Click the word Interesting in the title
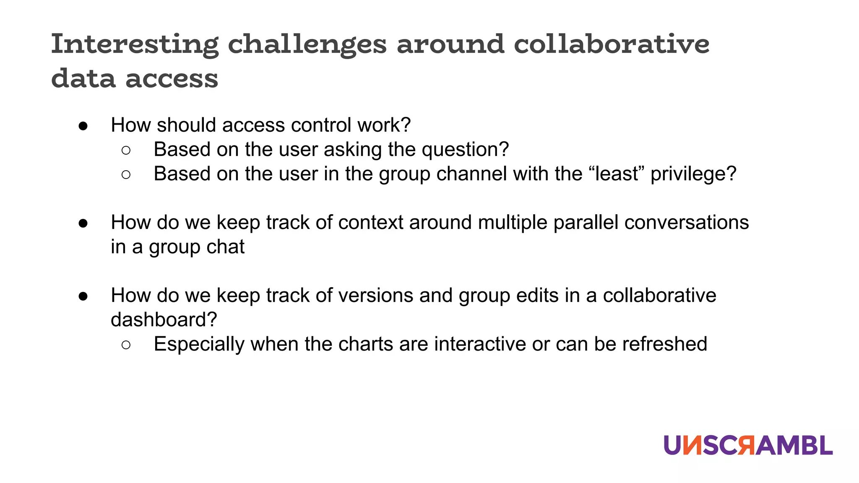(x=135, y=44)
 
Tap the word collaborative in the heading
(x=612, y=44)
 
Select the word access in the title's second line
(x=172, y=79)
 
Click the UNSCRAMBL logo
(x=748, y=445)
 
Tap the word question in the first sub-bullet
(x=465, y=150)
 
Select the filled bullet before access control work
(x=83, y=126)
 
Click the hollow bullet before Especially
(x=126, y=345)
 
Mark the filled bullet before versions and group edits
(x=83, y=296)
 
